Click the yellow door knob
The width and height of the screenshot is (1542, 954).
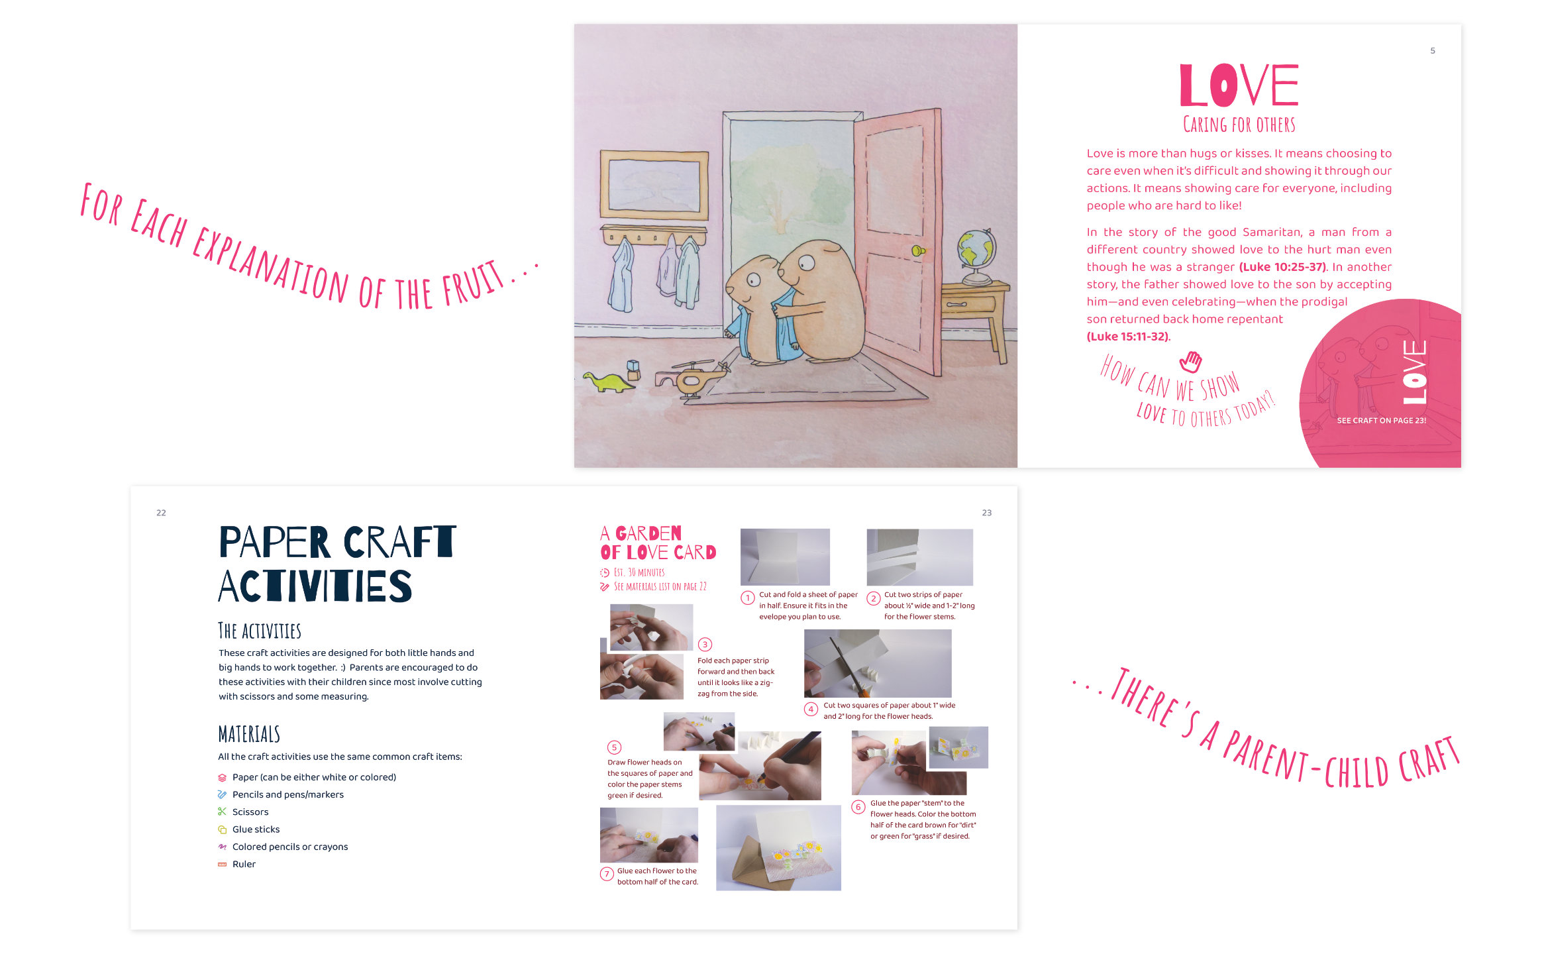[918, 250]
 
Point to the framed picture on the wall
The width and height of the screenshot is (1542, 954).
[654, 185]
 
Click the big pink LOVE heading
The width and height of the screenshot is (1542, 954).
[1239, 85]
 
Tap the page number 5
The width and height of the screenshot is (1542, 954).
[1433, 50]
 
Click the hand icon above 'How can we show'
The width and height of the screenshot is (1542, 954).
[1190, 362]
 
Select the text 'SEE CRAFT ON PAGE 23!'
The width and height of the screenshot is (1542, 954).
[1381, 421]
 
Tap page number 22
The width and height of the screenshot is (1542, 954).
[161, 513]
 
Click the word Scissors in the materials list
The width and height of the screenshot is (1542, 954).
[250, 812]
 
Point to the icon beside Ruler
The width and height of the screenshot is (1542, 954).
[223, 864]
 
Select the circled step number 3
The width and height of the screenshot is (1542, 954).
[705, 645]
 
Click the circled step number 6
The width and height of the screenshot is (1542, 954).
[858, 807]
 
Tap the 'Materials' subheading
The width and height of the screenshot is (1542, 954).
[249, 734]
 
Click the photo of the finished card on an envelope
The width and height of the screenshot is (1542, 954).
[778, 848]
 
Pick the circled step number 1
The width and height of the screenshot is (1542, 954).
[748, 598]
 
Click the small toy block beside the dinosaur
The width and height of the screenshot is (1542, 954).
[633, 370]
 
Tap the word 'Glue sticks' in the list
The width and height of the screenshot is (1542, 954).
[256, 829]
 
